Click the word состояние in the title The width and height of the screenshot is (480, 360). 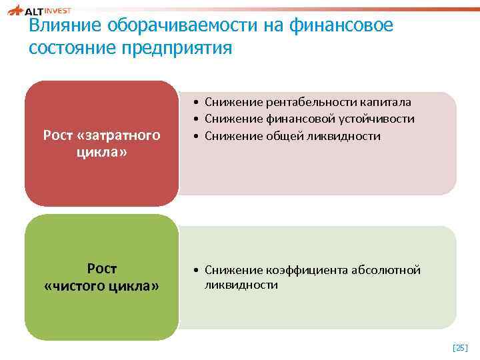pyautogui.click(x=73, y=49)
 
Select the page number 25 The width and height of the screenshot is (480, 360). pyautogui.click(x=460, y=347)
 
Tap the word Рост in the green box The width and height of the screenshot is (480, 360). pyautogui.click(x=102, y=269)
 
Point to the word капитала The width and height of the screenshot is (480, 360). pyautogui.click(x=386, y=102)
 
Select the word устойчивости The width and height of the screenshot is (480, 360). pyautogui.click(x=381, y=119)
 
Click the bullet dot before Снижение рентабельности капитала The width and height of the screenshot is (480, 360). pyautogui.click(x=191, y=103)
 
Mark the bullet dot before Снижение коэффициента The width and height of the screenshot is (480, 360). pyautogui.click(x=191, y=271)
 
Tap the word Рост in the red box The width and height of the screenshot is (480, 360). pyautogui.click(x=59, y=136)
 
